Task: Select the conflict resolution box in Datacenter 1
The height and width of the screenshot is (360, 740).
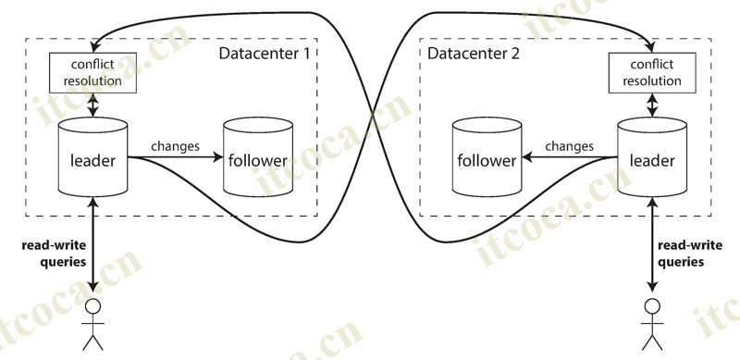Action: [92, 73]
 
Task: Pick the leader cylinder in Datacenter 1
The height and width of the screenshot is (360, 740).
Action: [92, 159]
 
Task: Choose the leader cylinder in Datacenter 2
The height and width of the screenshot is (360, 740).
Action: [652, 159]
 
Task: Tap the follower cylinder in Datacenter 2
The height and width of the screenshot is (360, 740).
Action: [486, 159]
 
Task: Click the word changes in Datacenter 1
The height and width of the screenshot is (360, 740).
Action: [176, 146]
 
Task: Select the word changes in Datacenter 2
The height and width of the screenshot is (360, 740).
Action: [569, 146]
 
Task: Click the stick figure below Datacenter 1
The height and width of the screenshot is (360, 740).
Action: [92, 324]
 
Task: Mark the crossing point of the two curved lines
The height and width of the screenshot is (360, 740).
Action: [372, 116]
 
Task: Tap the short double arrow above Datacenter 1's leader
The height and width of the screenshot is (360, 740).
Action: [92, 105]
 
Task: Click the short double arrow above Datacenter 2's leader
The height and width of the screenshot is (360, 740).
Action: [652, 105]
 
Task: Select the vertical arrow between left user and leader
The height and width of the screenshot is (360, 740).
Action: [92, 245]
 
